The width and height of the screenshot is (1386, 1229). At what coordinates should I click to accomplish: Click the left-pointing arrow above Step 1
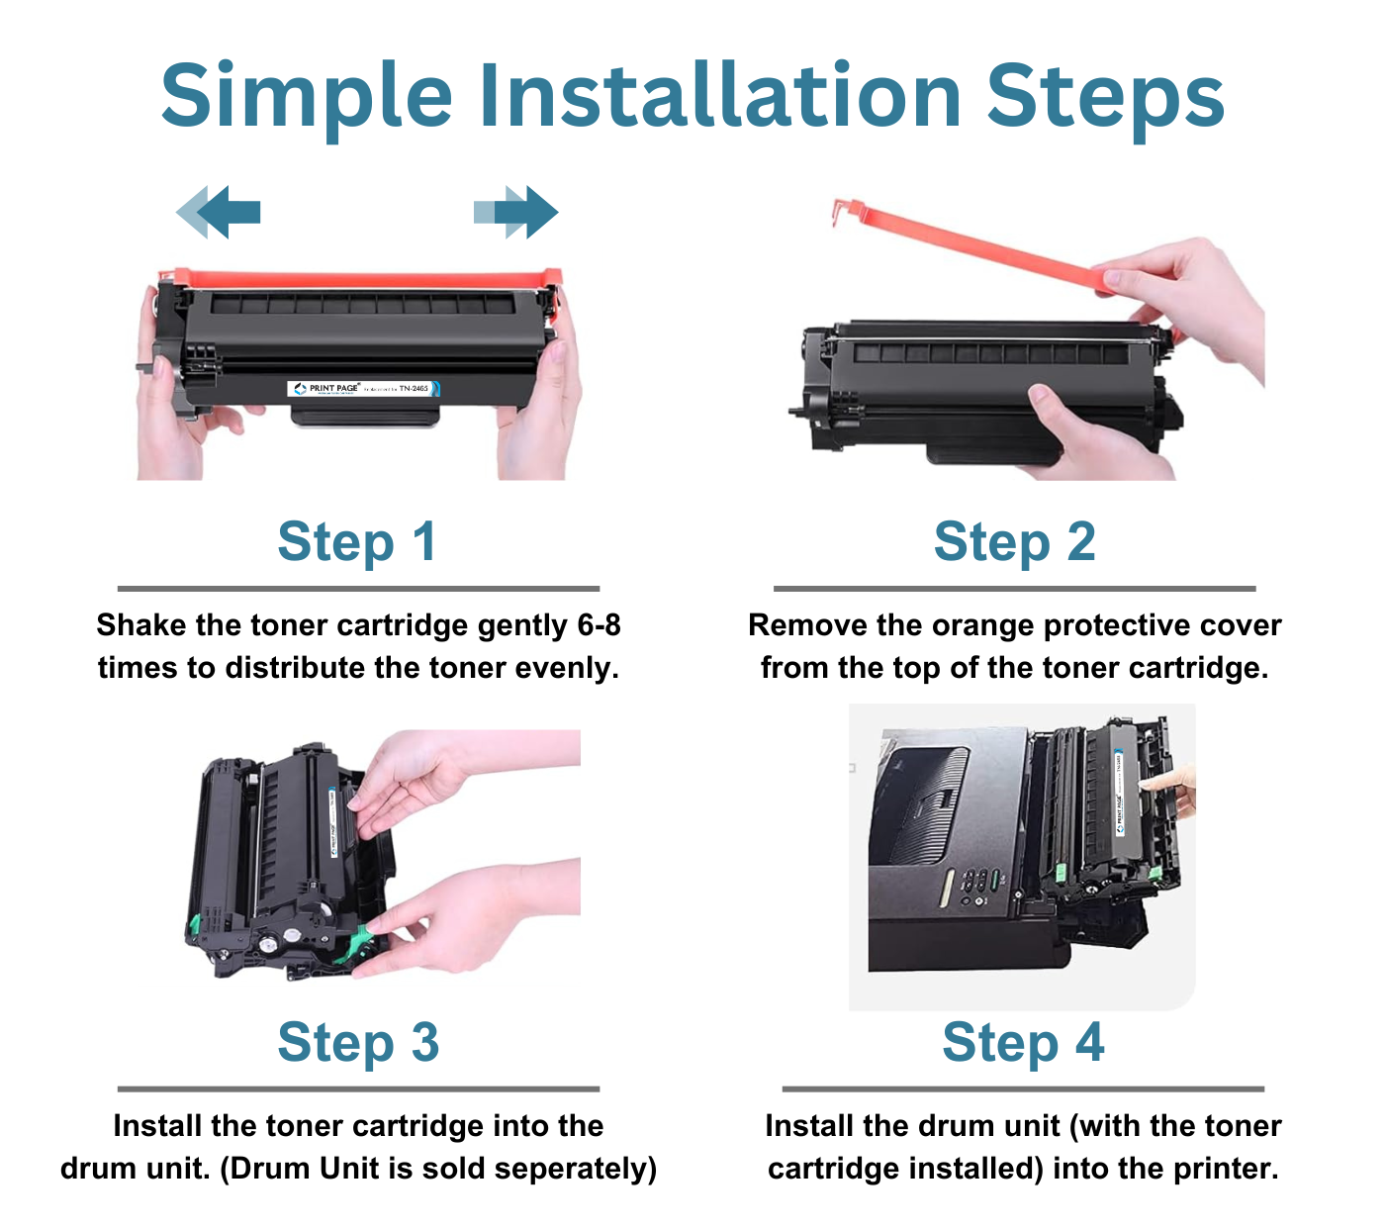220,212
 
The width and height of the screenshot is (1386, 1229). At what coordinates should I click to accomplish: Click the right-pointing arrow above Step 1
516,212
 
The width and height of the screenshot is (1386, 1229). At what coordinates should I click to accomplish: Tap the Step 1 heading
357,542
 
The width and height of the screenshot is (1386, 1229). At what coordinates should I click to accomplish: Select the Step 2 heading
1014,542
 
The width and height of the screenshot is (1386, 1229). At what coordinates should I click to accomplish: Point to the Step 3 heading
358,1043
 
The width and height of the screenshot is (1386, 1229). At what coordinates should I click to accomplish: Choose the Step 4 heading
1023,1043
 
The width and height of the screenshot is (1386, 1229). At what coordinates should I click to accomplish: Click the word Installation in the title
720,96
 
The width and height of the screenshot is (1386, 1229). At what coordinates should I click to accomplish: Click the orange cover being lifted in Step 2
970,243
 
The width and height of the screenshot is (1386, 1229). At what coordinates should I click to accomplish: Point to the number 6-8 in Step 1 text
598,625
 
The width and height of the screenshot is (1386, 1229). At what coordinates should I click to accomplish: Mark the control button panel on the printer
973,883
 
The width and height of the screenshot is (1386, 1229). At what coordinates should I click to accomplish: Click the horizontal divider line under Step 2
1014,589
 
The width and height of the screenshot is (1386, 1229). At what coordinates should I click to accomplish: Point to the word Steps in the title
1105,96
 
